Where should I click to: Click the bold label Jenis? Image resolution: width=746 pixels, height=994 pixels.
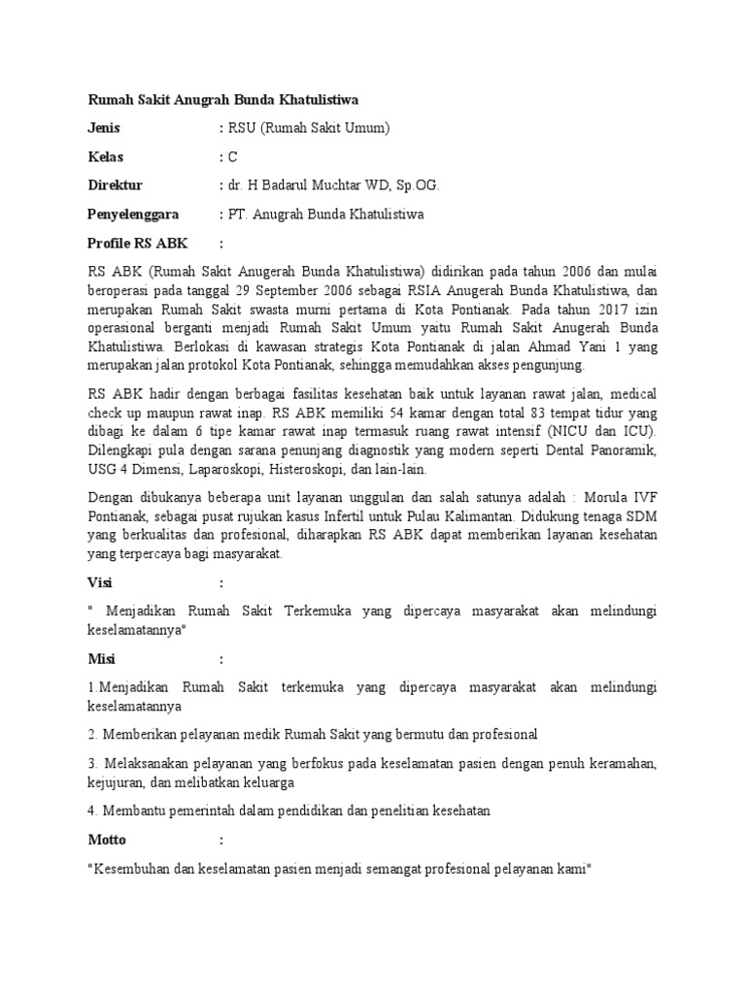coord(104,128)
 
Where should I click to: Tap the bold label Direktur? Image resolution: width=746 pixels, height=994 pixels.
coord(115,184)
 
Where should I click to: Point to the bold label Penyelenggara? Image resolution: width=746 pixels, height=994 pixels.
coord(134,214)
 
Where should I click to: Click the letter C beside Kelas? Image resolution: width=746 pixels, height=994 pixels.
coord(232,156)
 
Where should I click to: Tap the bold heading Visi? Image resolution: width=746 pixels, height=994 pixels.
coord(100,582)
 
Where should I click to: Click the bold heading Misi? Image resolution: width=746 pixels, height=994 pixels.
coord(101,658)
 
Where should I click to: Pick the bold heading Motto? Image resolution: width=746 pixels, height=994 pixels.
coord(107,839)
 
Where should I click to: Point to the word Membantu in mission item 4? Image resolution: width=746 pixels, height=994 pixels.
coord(132,811)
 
